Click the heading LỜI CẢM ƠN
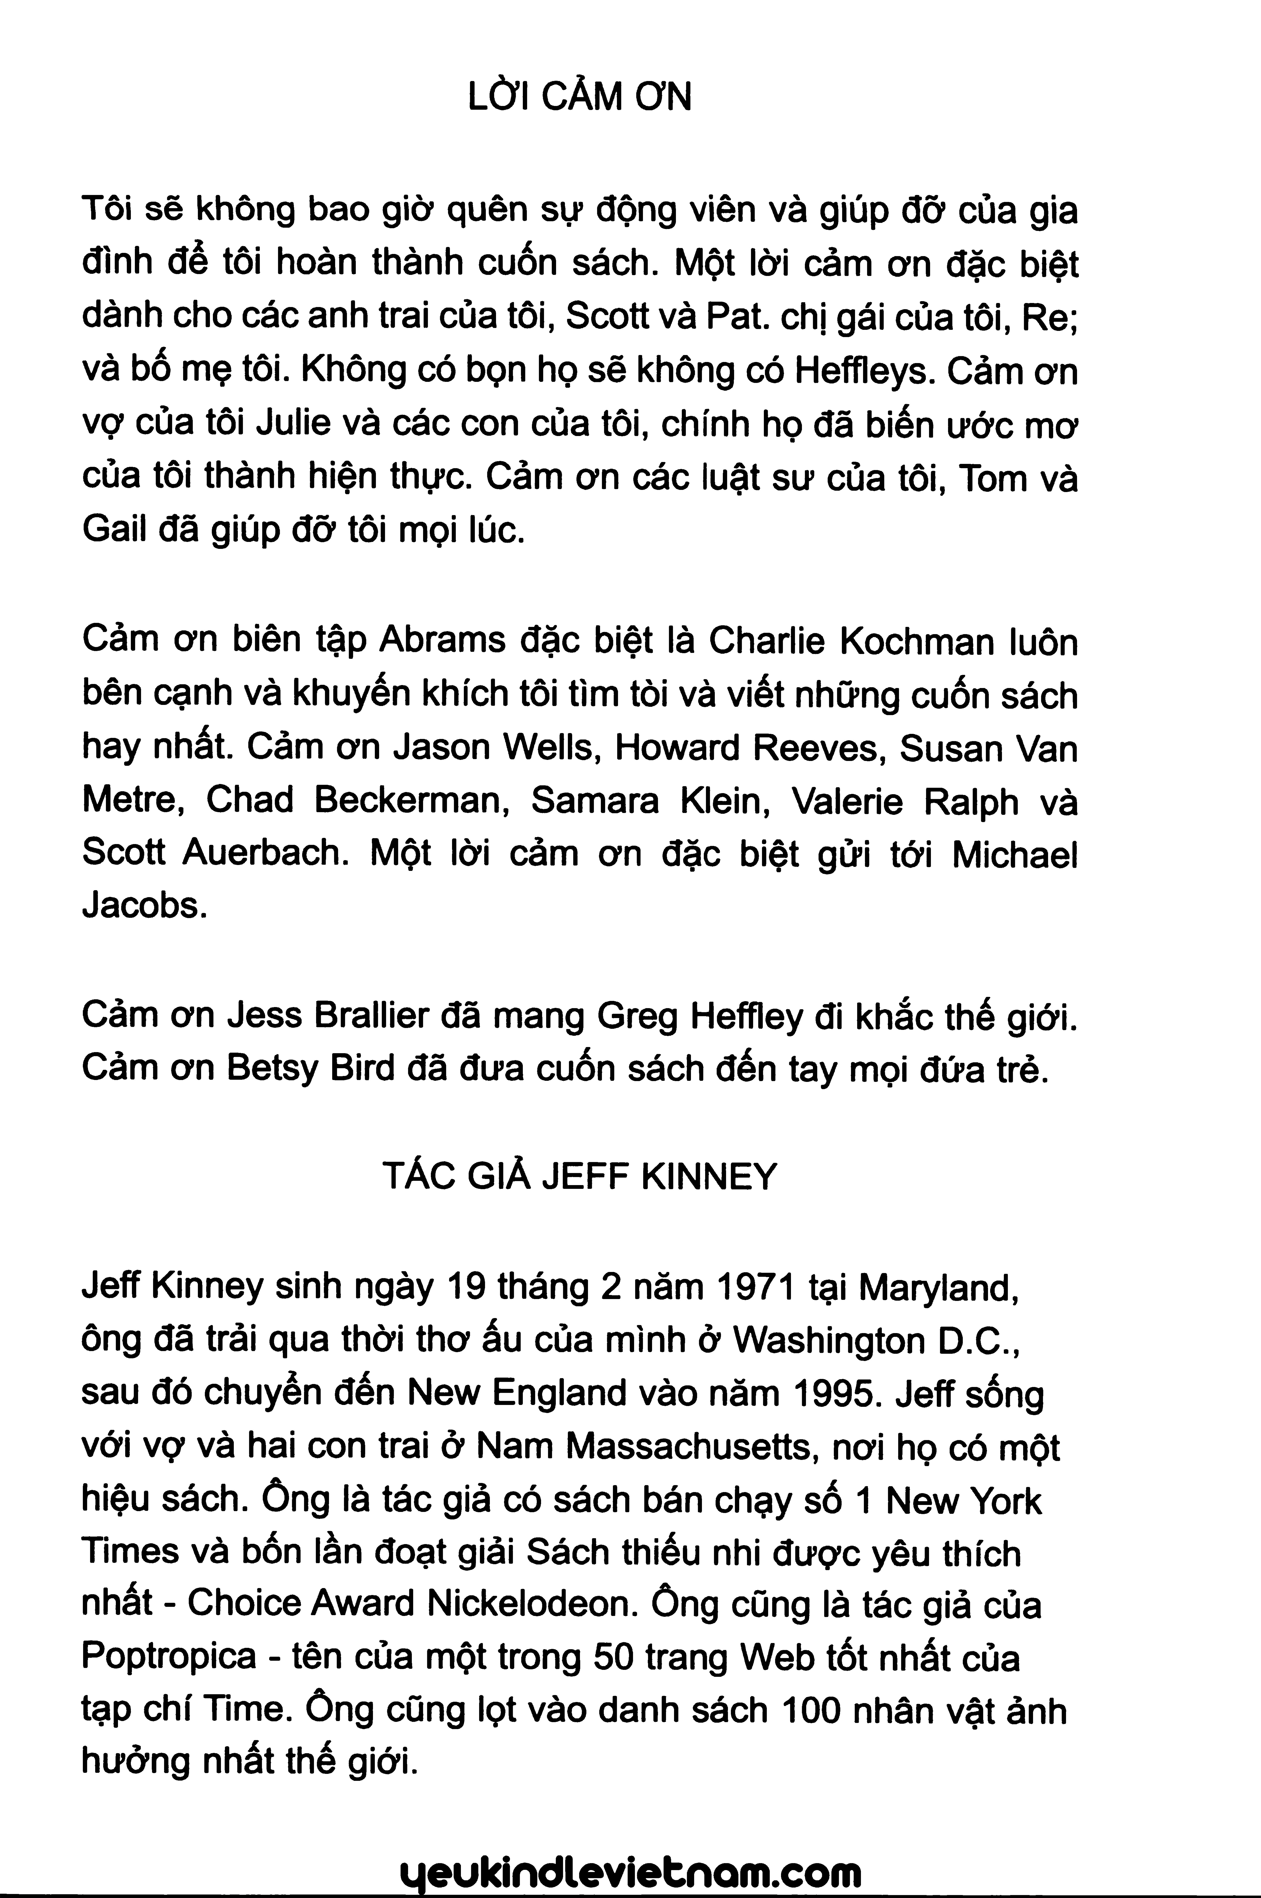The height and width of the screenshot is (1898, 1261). pyautogui.click(x=579, y=98)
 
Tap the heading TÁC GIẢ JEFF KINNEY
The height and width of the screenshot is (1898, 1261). pyautogui.click(x=579, y=1177)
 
